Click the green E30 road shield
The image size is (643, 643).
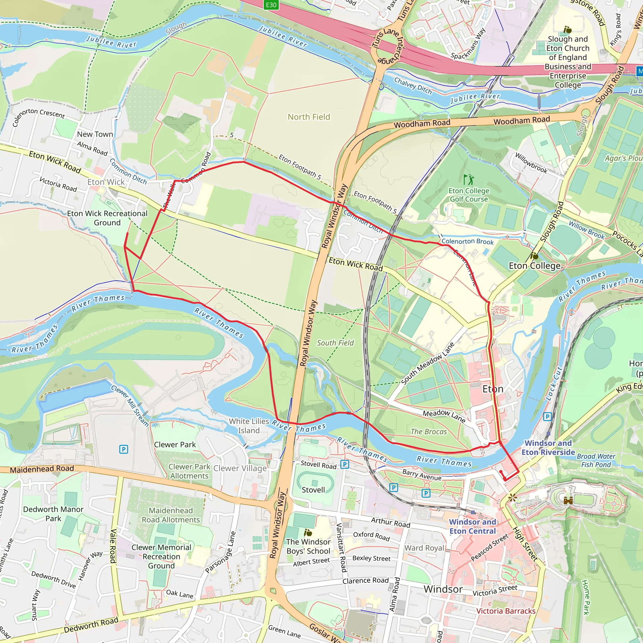[x=271, y=5]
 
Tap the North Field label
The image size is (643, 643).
[x=309, y=117]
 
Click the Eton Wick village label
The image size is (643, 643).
[x=106, y=182]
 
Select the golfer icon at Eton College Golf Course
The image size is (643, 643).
[x=469, y=180]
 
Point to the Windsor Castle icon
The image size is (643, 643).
[x=568, y=500]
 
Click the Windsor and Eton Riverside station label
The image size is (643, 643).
[x=548, y=448]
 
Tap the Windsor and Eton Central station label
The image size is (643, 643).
[x=473, y=527]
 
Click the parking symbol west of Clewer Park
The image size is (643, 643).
[x=123, y=450]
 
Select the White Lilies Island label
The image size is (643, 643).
[x=249, y=426]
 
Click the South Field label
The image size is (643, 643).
[x=335, y=343]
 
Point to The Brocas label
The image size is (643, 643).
[x=429, y=432]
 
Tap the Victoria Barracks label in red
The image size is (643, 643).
[x=506, y=611]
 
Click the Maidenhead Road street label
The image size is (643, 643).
[x=42, y=469]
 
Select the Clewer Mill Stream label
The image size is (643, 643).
[x=130, y=406]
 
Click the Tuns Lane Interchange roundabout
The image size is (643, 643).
[x=387, y=46]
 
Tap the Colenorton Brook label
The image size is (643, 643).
[x=467, y=242]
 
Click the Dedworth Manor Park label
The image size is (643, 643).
[x=53, y=514]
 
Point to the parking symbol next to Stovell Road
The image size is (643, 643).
[x=345, y=464]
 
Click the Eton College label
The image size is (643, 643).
[x=534, y=266]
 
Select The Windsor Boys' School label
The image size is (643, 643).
[x=308, y=546]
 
